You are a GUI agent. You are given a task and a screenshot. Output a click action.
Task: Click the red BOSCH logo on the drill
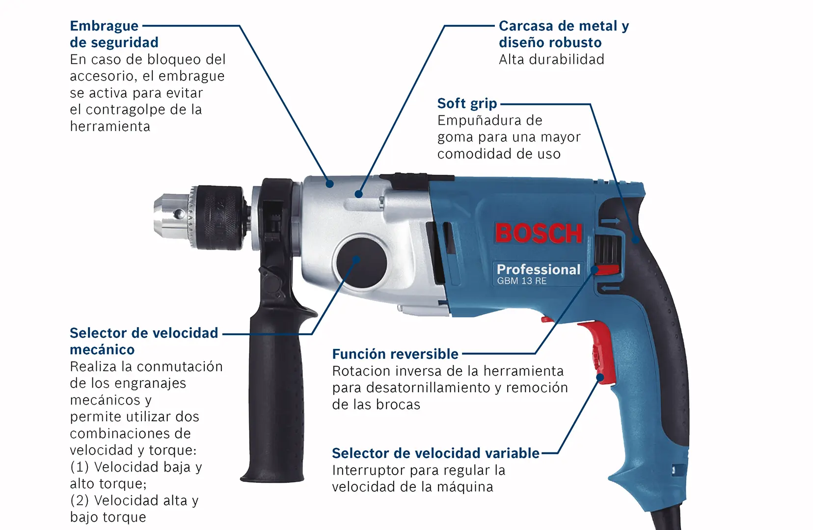click(x=539, y=233)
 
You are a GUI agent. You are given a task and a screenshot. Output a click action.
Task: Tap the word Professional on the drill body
click(x=538, y=269)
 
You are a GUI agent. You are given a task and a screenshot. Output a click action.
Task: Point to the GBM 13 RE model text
click(x=521, y=281)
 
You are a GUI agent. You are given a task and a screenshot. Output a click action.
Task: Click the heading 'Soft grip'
click(x=467, y=104)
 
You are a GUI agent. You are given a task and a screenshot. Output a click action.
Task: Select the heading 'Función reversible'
click(x=395, y=354)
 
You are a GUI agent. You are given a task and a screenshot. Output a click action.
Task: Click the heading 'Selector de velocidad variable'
click(x=435, y=453)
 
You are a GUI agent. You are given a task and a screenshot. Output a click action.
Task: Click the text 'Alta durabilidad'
click(x=551, y=59)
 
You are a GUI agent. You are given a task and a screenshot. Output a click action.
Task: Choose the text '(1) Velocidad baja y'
click(x=135, y=467)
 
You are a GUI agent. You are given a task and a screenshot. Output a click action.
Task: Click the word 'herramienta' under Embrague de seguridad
click(x=110, y=127)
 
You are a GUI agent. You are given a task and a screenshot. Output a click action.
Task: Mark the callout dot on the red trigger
click(x=600, y=378)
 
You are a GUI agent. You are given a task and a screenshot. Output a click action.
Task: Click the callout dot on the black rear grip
click(x=635, y=240)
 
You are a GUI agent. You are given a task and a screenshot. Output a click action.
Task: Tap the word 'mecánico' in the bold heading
click(x=102, y=350)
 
